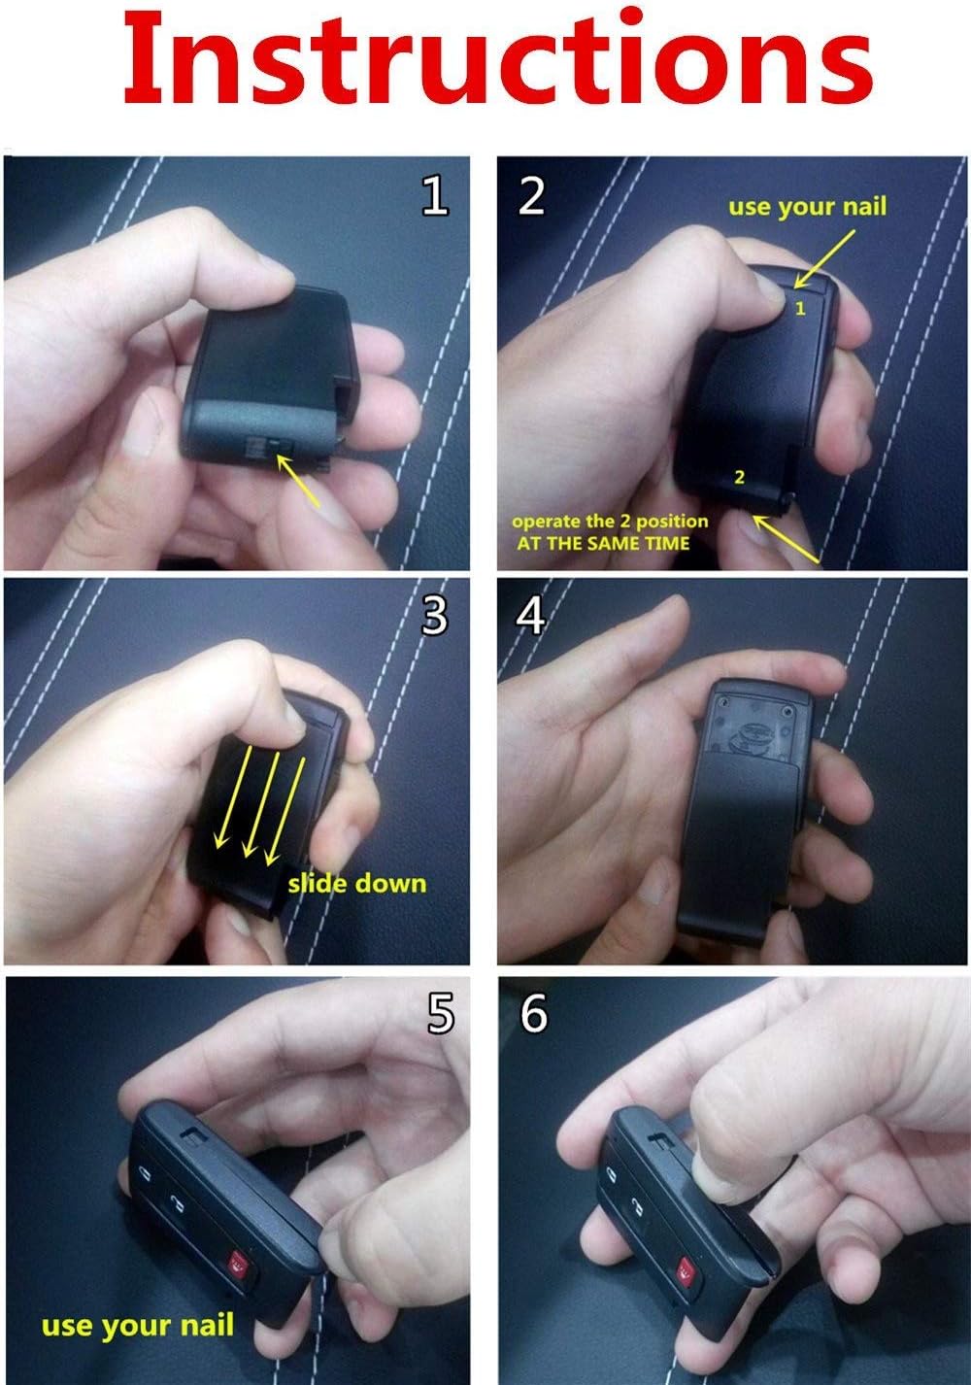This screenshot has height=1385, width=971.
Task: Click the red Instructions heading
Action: click(x=498, y=57)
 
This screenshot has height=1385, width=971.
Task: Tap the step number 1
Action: click(x=434, y=195)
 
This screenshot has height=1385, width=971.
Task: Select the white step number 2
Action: click(x=531, y=195)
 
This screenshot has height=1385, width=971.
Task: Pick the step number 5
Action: click(x=441, y=1013)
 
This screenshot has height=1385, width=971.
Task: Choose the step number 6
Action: click(x=534, y=1013)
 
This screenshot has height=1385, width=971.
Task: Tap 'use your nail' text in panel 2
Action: click(x=807, y=207)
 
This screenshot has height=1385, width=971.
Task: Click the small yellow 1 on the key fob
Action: click(x=800, y=308)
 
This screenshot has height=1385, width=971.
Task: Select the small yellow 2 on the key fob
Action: click(x=739, y=477)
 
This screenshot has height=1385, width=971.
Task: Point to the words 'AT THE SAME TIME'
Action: click(x=603, y=544)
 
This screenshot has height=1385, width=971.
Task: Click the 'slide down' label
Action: click(x=357, y=884)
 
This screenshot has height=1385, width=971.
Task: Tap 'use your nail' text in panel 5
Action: click(x=138, y=1325)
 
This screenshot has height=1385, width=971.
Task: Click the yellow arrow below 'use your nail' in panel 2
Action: click(x=824, y=259)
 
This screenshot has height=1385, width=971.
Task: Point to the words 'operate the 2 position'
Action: click(x=610, y=522)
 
